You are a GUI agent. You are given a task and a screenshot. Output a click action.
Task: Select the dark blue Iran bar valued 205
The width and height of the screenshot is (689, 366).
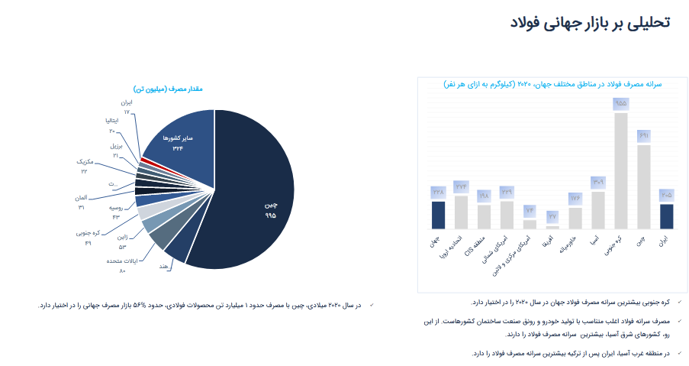[666, 216]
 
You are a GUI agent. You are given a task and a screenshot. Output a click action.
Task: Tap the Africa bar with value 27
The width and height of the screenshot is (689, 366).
[552, 227]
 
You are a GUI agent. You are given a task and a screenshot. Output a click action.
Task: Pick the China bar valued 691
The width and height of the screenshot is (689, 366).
[643, 186]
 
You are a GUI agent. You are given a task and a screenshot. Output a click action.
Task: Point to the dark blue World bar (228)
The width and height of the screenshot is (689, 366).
[438, 215]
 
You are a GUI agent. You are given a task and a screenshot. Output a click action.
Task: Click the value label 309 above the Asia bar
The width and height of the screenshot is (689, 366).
[597, 182]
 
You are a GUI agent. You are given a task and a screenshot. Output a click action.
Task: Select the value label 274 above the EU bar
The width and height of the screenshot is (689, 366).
[461, 186]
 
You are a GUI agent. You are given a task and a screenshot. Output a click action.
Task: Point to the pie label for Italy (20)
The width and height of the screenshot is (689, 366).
[111, 126]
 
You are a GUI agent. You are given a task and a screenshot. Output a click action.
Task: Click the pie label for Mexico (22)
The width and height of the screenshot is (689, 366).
[85, 167]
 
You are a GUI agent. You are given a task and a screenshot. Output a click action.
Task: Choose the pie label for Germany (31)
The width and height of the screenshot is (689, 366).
[81, 202]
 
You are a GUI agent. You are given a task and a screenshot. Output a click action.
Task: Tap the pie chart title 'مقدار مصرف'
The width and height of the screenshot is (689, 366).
[167, 89]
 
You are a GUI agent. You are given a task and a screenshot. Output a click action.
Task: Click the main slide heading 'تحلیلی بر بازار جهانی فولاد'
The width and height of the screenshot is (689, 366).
[591, 22]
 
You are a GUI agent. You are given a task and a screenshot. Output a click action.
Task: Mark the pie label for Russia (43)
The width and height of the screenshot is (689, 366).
[115, 212]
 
